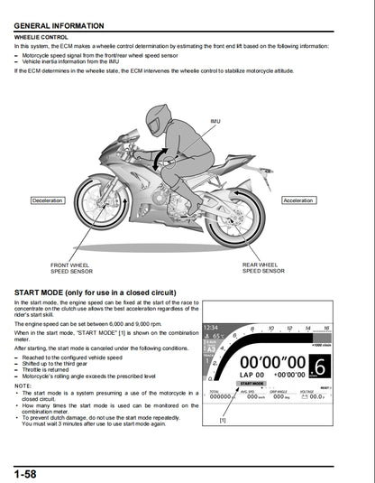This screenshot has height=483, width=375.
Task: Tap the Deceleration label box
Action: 47,200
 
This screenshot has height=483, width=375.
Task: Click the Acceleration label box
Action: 297,200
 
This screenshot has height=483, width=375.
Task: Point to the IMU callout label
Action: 215,121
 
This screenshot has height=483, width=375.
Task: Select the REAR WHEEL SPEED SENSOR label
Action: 263,268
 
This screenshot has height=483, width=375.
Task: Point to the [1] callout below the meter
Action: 222,421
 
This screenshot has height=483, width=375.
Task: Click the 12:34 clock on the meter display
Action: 213,328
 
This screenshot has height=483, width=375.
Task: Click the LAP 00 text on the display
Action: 252,375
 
